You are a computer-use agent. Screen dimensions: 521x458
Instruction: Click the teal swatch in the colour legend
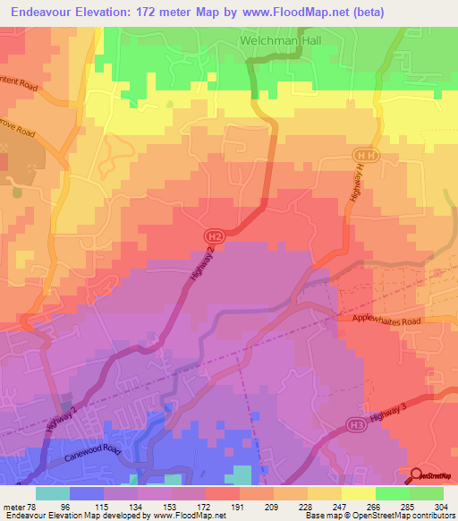[x=53, y=493]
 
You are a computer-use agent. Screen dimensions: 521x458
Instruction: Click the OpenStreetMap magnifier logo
[x=417, y=475]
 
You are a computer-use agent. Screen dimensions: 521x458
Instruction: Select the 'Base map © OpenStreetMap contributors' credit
[x=378, y=515]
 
